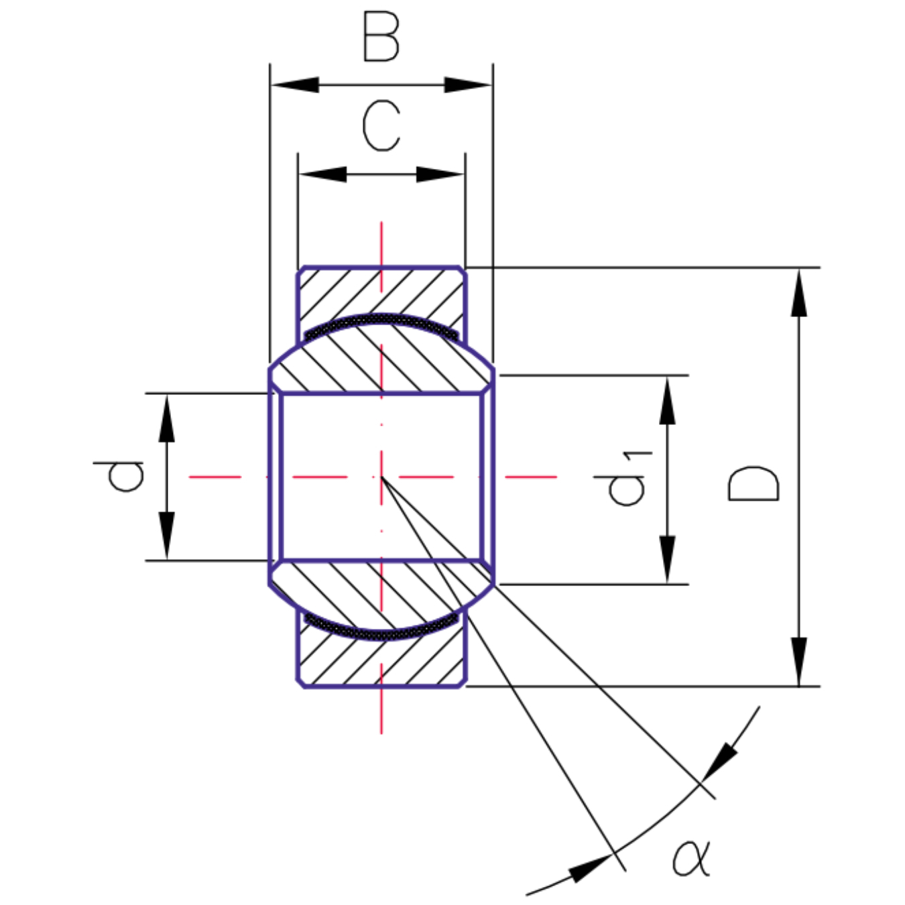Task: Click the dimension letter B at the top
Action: pos(381,38)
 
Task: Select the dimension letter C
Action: pos(381,125)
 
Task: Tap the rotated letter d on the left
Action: pos(119,476)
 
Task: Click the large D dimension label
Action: pos(753,483)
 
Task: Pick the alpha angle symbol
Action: pos(691,857)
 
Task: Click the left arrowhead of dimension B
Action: pos(295,85)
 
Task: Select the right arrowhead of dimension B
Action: pos(468,85)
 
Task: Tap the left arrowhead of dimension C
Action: pos(323,174)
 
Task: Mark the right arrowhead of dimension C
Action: pos(440,174)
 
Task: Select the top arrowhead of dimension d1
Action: pos(667,401)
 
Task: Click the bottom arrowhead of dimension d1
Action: pos(667,559)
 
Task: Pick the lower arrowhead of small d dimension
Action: pos(166,535)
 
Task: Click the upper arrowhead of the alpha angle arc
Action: pos(721,762)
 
